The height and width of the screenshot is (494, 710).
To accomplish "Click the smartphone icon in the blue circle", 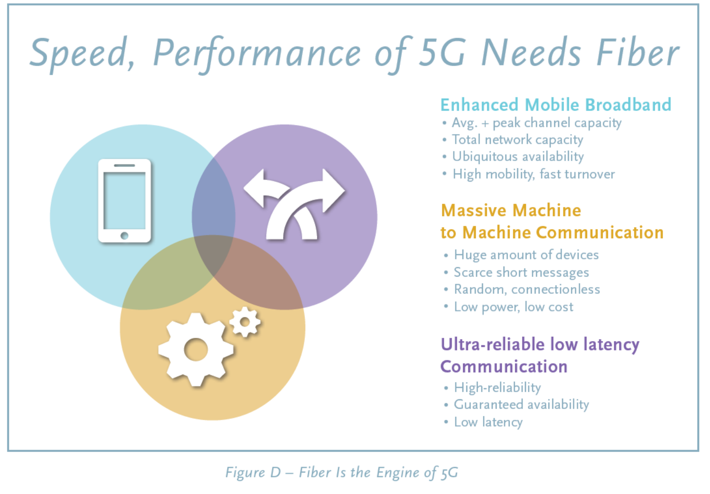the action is (125, 201).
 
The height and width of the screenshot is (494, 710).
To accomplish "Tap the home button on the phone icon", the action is (125, 235).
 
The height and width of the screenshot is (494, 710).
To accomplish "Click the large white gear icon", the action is (196, 350).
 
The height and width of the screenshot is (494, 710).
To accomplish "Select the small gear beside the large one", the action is (245, 322).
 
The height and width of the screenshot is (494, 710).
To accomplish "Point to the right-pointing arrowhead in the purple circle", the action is (334, 190).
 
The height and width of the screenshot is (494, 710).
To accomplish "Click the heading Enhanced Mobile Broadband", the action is (556, 104).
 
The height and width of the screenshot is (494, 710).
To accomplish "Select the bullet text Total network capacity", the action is (518, 140).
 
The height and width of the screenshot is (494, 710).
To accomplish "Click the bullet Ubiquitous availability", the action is (518, 157).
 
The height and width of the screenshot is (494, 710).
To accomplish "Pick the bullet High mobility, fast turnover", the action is (534, 174).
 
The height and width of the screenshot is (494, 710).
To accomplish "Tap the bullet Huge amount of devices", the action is (526, 255).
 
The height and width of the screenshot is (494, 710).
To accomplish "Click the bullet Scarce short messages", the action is (522, 272).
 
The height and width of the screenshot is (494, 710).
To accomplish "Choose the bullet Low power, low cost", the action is (514, 307).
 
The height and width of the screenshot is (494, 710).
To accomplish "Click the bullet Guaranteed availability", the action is (522, 405).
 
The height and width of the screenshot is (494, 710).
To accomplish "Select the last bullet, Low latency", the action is (488, 422).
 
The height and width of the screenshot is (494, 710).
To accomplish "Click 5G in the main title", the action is (442, 53).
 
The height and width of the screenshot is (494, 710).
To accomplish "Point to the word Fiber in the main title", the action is (638, 52).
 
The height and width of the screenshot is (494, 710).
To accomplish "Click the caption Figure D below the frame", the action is (253, 473).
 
